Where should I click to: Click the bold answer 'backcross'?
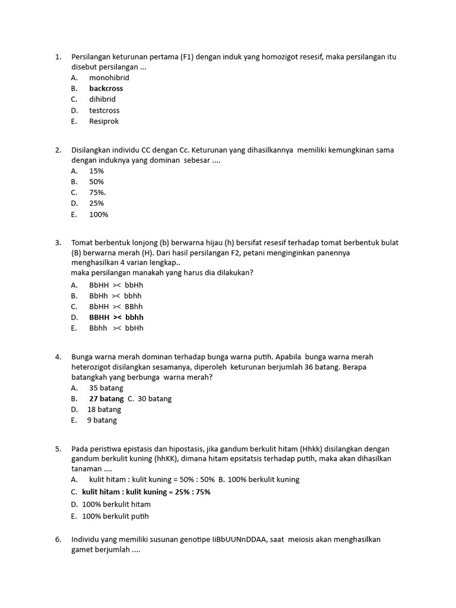(x=106, y=88)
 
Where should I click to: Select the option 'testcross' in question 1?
(x=104, y=110)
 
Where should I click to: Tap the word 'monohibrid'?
(x=109, y=78)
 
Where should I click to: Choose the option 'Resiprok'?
(x=104, y=121)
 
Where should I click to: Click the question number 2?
(x=58, y=150)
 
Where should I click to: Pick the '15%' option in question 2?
(x=97, y=171)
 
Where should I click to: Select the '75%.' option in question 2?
(x=98, y=192)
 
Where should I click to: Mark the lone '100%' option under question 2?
(x=99, y=214)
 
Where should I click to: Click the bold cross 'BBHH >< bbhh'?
(x=116, y=317)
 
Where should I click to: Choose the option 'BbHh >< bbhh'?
(x=115, y=296)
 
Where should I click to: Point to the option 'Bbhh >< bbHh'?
(x=116, y=328)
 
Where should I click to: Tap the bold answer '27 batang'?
(x=106, y=398)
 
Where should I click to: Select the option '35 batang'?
(x=106, y=388)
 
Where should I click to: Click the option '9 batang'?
(x=102, y=420)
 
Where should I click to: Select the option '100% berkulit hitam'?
(x=116, y=504)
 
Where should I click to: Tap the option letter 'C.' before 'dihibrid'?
(x=74, y=100)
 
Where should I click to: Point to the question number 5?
(x=58, y=449)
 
